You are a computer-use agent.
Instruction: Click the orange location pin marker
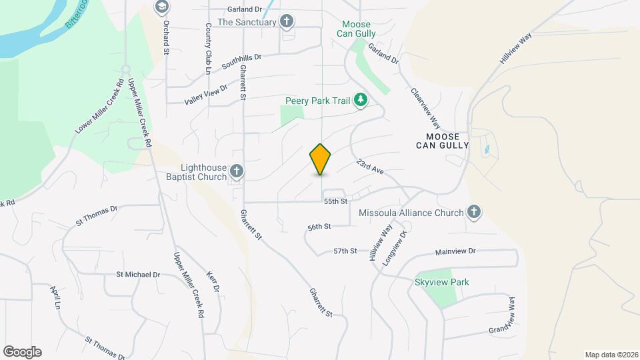click(x=321, y=159)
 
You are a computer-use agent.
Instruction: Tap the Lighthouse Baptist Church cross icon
click(x=236, y=173)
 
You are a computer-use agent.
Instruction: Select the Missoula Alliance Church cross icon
click(x=473, y=213)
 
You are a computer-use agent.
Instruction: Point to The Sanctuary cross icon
click(x=287, y=22)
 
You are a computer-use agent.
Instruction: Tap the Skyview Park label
click(x=442, y=282)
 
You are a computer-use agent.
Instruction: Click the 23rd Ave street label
click(x=370, y=167)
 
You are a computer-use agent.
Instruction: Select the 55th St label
click(x=336, y=201)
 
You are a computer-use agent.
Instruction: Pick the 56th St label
click(x=319, y=227)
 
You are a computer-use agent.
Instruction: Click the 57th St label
click(x=345, y=251)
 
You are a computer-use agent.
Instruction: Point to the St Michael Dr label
click(x=138, y=274)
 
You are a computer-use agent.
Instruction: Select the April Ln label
click(x=56, y=297)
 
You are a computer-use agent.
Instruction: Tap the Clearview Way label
click(x=426, y=109)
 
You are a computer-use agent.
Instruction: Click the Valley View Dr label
click(x=206, y=94)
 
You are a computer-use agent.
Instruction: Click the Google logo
click(x=22, y=351)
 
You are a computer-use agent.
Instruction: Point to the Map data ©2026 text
click(x=610, y=354)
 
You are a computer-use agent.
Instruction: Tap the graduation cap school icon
click(x=161, y=7)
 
